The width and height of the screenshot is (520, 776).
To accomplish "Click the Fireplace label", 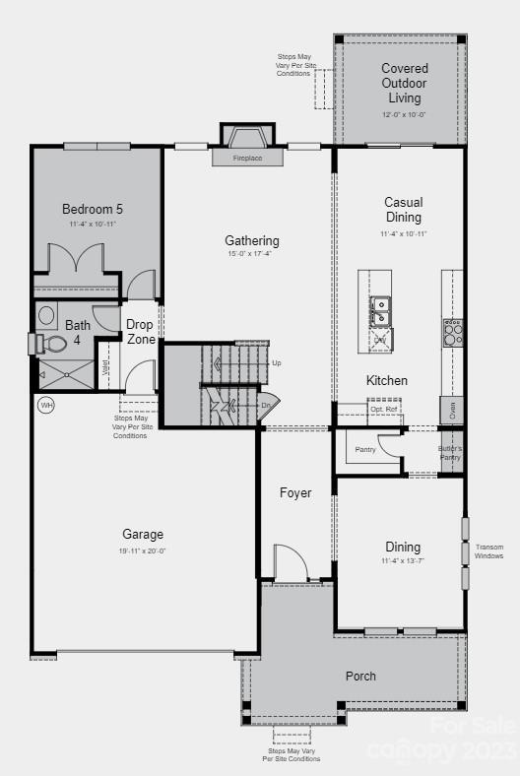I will coord(247,158).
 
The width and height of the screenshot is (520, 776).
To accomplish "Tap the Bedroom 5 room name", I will coord(93,209).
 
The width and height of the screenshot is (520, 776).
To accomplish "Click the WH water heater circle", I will coord(45,405).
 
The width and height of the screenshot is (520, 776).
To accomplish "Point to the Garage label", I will coord(143,535).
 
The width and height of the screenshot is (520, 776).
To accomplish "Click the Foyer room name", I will coord(295,492).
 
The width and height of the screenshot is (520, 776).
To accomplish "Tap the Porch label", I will coord(360,677).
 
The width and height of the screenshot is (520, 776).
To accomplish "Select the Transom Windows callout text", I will coord(489,551).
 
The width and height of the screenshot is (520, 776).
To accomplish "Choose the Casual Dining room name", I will coord(403,210).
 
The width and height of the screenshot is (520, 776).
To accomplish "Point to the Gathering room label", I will coord(252,240).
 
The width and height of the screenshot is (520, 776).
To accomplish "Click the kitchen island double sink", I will coord(380,310).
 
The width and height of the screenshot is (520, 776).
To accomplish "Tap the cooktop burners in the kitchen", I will coord(452,333).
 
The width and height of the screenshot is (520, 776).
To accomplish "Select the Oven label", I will coord(452,411).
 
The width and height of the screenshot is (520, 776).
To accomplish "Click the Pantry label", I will coord(365,449).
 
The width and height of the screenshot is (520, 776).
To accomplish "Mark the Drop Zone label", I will coord(141,331).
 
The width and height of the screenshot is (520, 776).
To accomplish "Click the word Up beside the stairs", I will coord(276,363).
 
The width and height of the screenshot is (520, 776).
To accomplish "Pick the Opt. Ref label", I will coord(384,409).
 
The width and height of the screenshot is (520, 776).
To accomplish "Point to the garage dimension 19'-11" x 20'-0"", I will coord(143,551).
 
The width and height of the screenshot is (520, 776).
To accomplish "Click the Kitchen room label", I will coord(387,381).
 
